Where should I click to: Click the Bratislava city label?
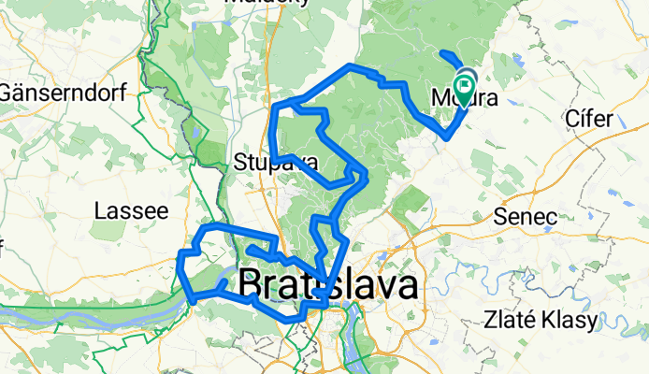tap(328, 285)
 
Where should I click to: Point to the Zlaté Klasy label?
tap(541, 320)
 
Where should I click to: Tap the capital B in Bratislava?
tap(252, 286)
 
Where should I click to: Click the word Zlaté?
tap(509, 320)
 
